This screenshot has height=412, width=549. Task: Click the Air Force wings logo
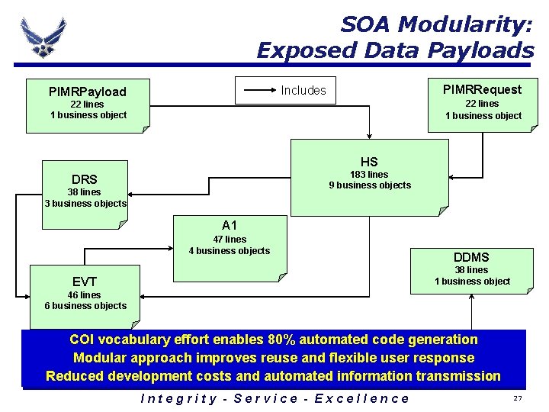pyautogui.click(x=43, y=36)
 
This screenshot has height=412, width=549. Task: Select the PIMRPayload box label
pyautogui.click(x=88, y=92)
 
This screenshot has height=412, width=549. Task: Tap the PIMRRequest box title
pyautogui.click(x=483, y=89)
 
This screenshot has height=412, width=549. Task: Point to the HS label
pyautogui.click(x=369, y=162)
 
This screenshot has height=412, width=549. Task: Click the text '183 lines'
pyautogui.click(x=369, y=175)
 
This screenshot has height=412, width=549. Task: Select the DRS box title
pyautogui.click(x=85, y=179)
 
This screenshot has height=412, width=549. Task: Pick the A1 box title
pyautogui.click(x=230, y=225)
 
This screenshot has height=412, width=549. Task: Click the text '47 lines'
pyautogui.click(x=230, y=239)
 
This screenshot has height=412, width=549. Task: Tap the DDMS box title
pyautogui.click(x=471, y=257)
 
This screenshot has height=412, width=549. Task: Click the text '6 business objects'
pyautogui.click(x=85, y=306)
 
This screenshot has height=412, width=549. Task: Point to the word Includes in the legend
pyautogui.click(x=303, y=90)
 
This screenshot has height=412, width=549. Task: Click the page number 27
pyautogui.click(x=518, y=399)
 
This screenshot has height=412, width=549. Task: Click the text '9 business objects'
pyautogui.click(x=370, y=185)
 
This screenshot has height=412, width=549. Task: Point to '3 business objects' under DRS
pyautogui.click(x=85, y=204)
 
